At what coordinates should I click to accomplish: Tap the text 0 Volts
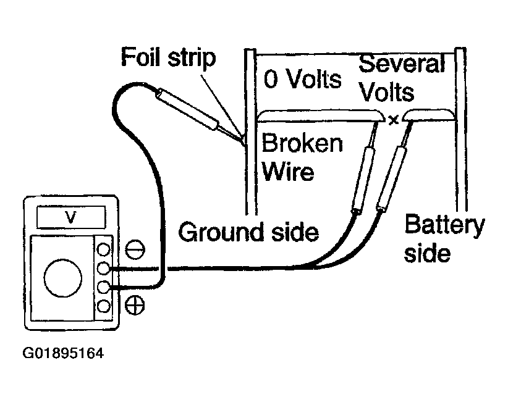pos(302,79)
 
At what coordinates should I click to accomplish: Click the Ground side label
pos(248,232)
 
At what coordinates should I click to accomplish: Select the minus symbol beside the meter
pos(135,249)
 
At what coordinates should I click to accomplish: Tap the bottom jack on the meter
pos(103,306)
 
